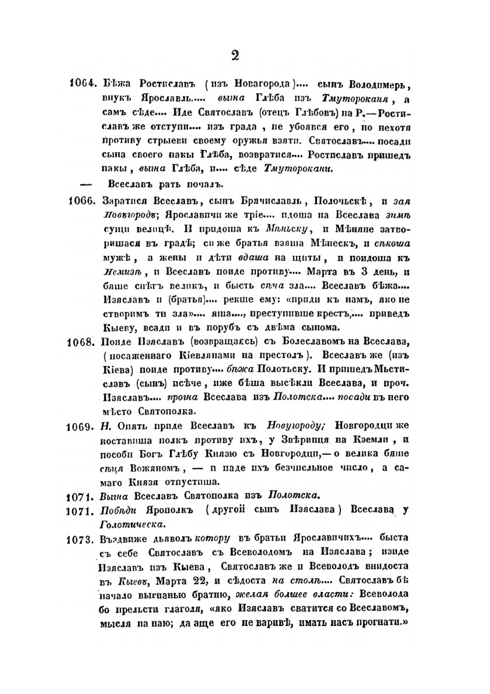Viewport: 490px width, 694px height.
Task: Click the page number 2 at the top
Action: (235, 55)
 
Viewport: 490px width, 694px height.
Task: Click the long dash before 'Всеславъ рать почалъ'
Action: (86, 184)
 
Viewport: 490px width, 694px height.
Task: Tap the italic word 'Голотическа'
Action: (132, 525)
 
